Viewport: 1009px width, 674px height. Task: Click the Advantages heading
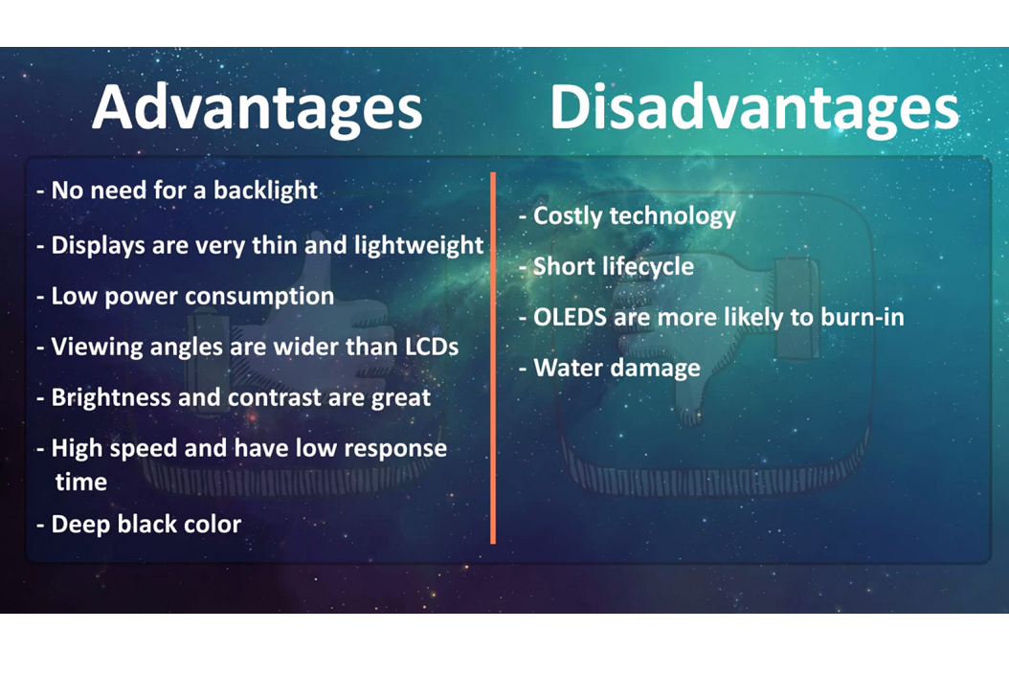257,109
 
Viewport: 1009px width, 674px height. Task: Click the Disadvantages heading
754,107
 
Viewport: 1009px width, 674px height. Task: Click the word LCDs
432,347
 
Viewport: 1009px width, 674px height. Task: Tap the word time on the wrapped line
81,482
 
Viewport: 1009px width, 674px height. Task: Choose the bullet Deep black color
139,524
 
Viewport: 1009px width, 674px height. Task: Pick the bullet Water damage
610,369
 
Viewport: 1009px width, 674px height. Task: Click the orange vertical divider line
493,358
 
